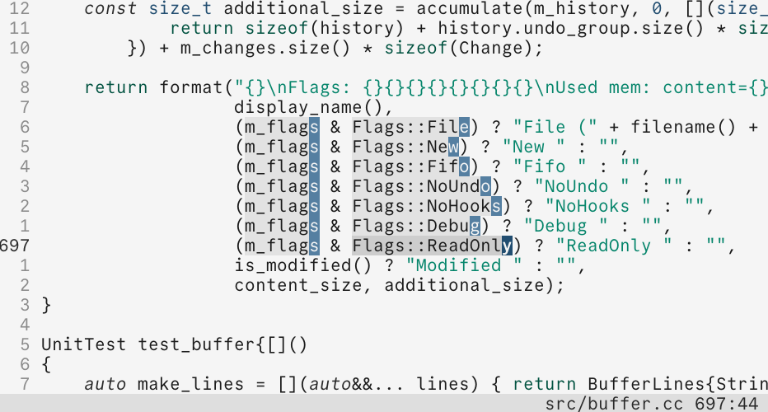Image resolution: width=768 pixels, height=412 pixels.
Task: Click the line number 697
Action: pyautogui.click(x=15, y=246)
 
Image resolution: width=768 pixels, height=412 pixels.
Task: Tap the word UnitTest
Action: pyautogui.click(x=84, y=344)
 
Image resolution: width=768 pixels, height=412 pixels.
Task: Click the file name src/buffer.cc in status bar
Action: pyautogui.click(x=614, y=404)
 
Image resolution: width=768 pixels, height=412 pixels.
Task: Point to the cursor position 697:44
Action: pyautogui.click(x=726, y=404)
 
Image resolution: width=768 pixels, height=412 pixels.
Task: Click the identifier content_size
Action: pyautogui.click(x=298, y=286)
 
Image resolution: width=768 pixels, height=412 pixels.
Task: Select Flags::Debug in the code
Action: pyautogui.click(x=416, y=226)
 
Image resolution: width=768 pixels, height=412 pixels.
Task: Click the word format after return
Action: pyautogui.click(x=191, y=87)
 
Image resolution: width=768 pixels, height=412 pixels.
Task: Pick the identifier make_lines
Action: pyautogui.click(x=190, y=384)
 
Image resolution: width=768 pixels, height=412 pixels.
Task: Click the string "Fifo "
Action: pyautogui.click(x=550, y=166)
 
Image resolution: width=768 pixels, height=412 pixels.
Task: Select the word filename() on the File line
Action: pyautogui.click(x=683, y=128)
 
